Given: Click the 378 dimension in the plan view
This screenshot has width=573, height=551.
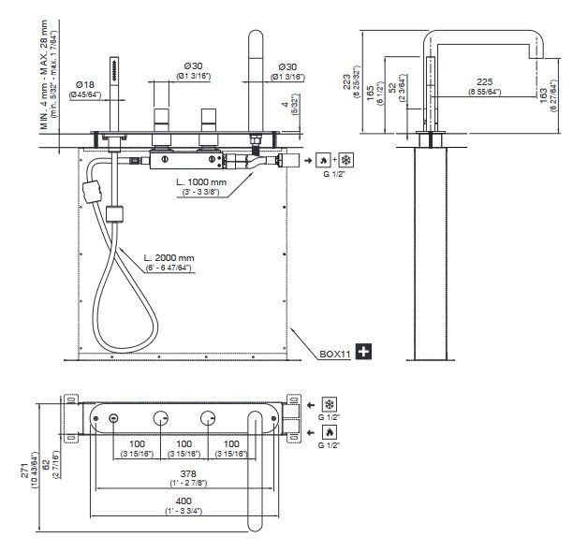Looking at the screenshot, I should [x=184, y=475].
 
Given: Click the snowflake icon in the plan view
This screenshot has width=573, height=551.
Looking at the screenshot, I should [x=329, y=405].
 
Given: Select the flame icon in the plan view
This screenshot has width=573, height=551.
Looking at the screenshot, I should [x=329, y=432].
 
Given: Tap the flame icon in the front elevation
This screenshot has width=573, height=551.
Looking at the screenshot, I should [x=322, y=160].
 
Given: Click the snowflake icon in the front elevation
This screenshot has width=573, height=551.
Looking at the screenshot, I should [x=345, y=160].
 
